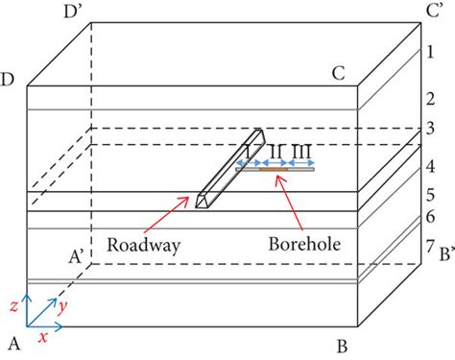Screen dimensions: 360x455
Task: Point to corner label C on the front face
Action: pos(338,72)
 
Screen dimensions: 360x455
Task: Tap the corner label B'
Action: pos(443,257)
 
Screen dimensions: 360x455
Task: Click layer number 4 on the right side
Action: pos(430,166)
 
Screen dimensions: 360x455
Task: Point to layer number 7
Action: pos(430,248)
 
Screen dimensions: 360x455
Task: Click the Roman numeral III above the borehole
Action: pos(300,152)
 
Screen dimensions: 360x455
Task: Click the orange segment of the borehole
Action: pos(274,171)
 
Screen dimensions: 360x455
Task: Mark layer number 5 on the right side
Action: pos(430,194)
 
